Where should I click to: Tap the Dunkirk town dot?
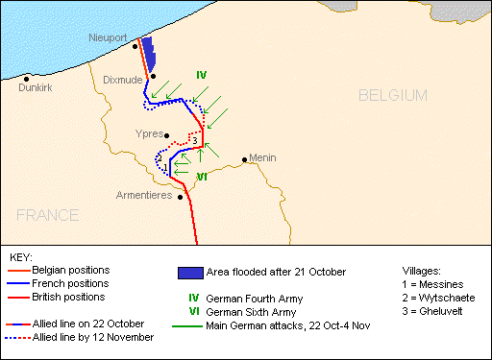[27, 78]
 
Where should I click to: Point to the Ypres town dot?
[167, 135]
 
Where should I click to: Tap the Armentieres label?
[143, 196]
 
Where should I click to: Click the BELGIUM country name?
[391, 95]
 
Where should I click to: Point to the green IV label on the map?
[201, 75]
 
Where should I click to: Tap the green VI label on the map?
[202, 177]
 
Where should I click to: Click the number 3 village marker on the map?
[195, 142]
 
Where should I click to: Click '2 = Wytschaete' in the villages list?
[438, 299]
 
